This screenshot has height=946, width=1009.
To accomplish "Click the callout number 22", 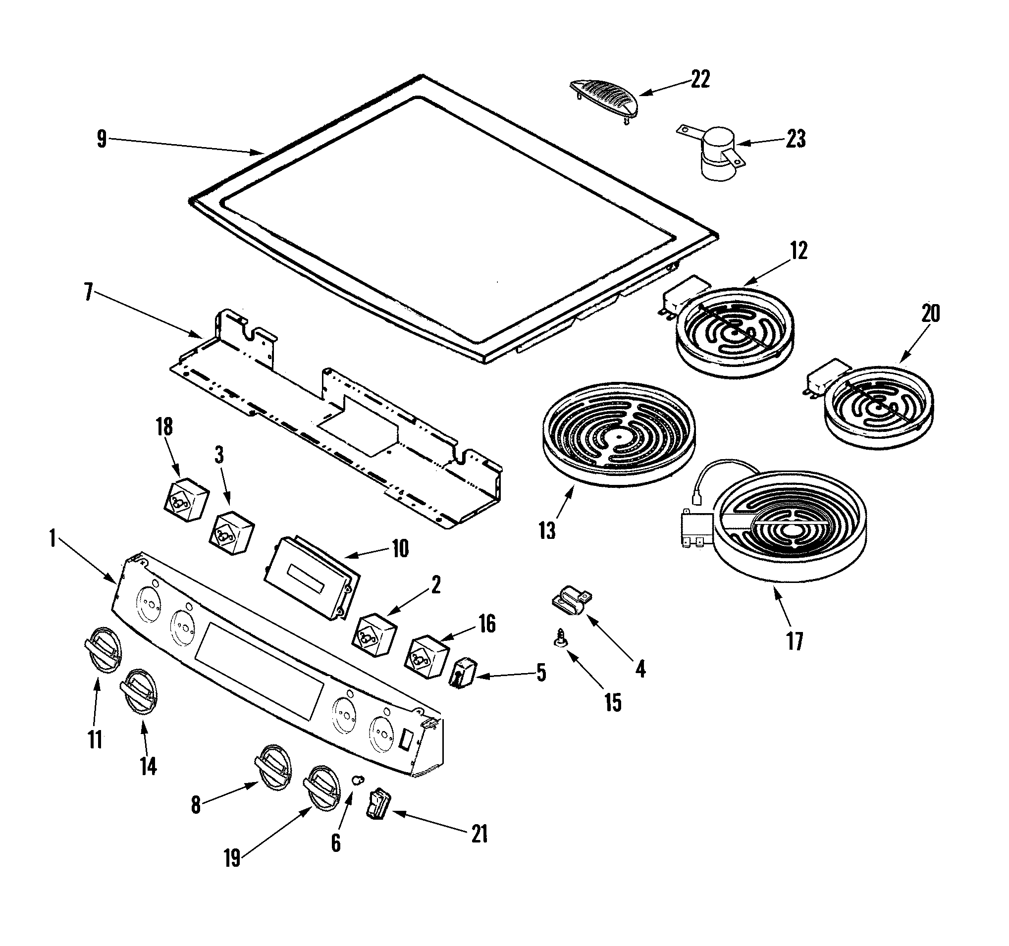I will [700, 80].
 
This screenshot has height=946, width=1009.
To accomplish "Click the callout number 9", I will [102, 139].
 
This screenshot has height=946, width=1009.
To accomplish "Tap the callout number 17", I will [795, 641].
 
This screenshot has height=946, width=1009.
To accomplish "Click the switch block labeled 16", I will [427, 657].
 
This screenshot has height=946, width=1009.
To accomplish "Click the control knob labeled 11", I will [103, 650].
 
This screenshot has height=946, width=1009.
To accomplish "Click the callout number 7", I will [88, 293].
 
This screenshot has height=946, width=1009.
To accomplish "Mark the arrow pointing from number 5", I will [502, 675].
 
